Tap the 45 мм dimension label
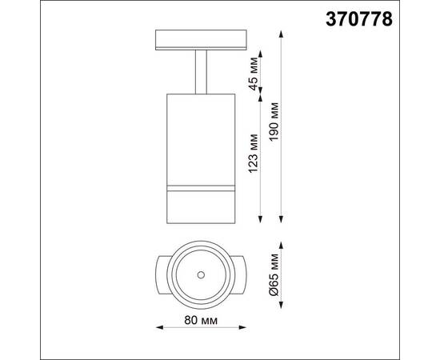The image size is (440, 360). pos(253,73)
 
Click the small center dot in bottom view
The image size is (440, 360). pos(200,275)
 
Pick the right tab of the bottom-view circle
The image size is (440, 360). pos(239,275)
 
